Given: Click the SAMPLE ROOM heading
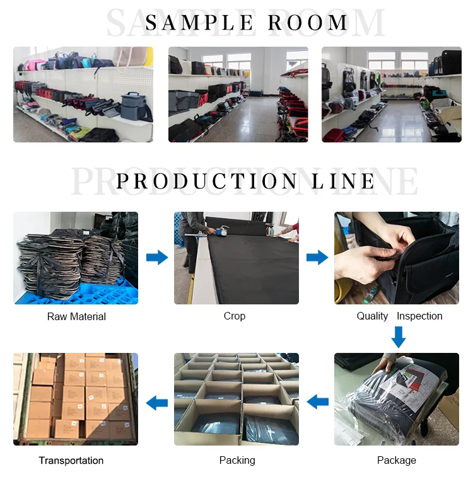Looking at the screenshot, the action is (247, 23).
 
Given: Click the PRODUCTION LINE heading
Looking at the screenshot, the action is (246, 181).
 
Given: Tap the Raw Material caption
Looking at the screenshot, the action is (76, 316).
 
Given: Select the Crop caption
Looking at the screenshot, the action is (235, 316).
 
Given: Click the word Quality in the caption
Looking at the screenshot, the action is (372, 316).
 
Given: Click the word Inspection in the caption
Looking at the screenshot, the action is (419, 316).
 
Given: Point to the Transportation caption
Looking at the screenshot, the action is (71, 461).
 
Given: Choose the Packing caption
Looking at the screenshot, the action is (237, 461).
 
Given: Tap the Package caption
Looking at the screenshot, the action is (397, 461).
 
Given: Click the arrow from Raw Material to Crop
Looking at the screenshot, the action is (157, 257).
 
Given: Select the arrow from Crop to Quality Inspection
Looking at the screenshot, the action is (317, 257).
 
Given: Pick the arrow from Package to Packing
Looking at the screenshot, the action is (317, 400).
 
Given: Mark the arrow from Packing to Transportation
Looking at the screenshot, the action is (157, 400).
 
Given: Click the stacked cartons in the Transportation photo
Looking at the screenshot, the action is (76, 394).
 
